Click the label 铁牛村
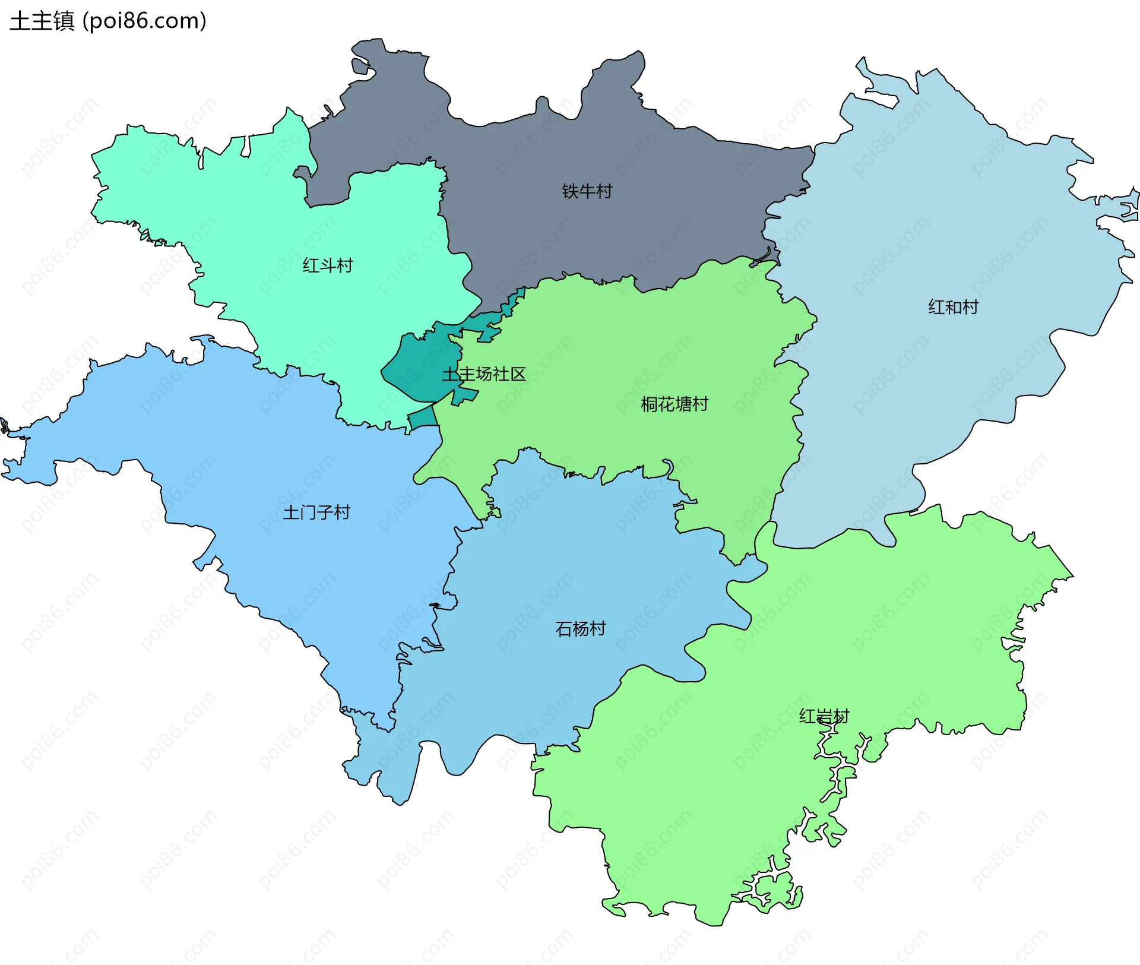click(x=587, y=191)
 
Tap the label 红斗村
click(x=327, y=265)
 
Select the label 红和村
click(x=953, y=307)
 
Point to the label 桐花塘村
click(x=674, y=404)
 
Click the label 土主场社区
click(x=483, y=374)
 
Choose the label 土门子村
click(x=316, y=512)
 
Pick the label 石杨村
click(x=580, y=628)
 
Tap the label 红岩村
click(x=824, y=716)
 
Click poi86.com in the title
click(x=144, y=21)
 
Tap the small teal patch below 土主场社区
click(x=423, y=418)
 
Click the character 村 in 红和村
click(x=970, y=307)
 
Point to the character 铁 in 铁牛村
click(x=570, y=191)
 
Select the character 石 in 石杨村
click(x=563, y=628)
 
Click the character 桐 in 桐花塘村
click(x=649, y=404)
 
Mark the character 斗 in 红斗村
click(x=327, y=265)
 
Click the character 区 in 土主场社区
click(x=518, y=374)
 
